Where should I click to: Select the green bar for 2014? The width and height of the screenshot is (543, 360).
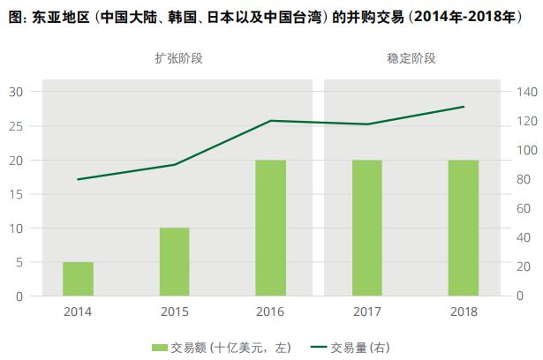coord(78,279)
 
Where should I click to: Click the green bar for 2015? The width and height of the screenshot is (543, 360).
coord(174,262)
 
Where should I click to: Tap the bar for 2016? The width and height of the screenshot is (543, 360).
coord(270,228)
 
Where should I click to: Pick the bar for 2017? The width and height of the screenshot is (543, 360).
coord(367,228)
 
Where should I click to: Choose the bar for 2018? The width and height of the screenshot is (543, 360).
coord(464,228)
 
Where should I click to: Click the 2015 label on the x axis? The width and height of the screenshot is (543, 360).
coord(174,311)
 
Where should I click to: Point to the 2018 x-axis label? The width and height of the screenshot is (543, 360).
coord(464,311)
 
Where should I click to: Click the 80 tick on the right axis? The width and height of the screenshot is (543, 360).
coord(522,179)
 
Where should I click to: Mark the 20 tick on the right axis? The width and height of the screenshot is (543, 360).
coord(522,266)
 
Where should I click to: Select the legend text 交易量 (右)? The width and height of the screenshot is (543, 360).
coord(360,347)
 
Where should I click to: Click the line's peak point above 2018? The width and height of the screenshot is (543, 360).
coord(464,107)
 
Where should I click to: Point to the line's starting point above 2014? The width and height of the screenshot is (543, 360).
coord(78,179)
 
